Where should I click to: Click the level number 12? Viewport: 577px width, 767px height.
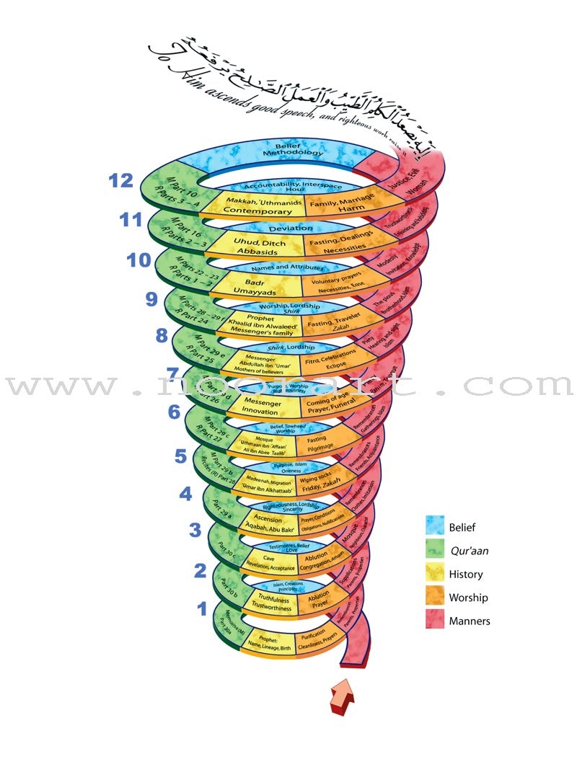[x=121, y=181]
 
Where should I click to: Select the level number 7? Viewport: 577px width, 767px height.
[x=172, y=374]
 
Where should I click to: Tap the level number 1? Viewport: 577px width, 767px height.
[x=202, y=609]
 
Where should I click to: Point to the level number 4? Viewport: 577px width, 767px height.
[x=185, y=494]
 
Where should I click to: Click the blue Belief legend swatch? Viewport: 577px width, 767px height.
[x=433, y=528]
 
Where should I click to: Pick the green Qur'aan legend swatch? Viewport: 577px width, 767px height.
[x=433, y=551]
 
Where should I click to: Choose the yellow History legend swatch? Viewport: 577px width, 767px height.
[x=433, y=575]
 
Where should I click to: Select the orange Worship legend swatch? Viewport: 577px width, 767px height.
[x=433, y=598]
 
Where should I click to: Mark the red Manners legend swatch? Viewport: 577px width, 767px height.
[x=433, y=621]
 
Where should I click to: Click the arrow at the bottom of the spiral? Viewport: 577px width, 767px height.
[x=343, y=696]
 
